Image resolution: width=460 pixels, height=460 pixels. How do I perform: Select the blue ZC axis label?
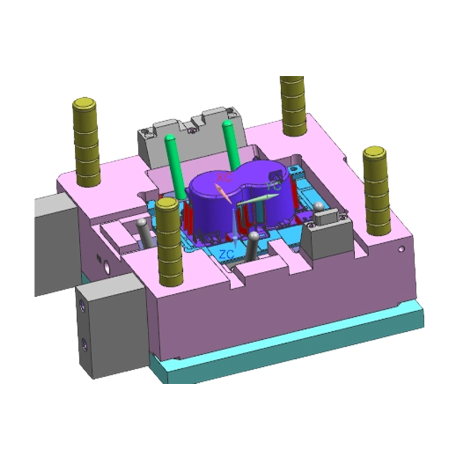click(x=228, y=254)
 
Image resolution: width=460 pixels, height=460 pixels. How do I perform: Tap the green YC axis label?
click(x=275, y=186)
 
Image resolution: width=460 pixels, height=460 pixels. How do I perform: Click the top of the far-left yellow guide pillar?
click(x=85, y=104)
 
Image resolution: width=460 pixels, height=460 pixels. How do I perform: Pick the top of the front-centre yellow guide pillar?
click(x=168, y=204)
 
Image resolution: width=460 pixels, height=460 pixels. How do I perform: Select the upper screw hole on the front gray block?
click(x=85, y=308)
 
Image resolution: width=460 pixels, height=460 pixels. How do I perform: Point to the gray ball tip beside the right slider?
click(x=318, y=206)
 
